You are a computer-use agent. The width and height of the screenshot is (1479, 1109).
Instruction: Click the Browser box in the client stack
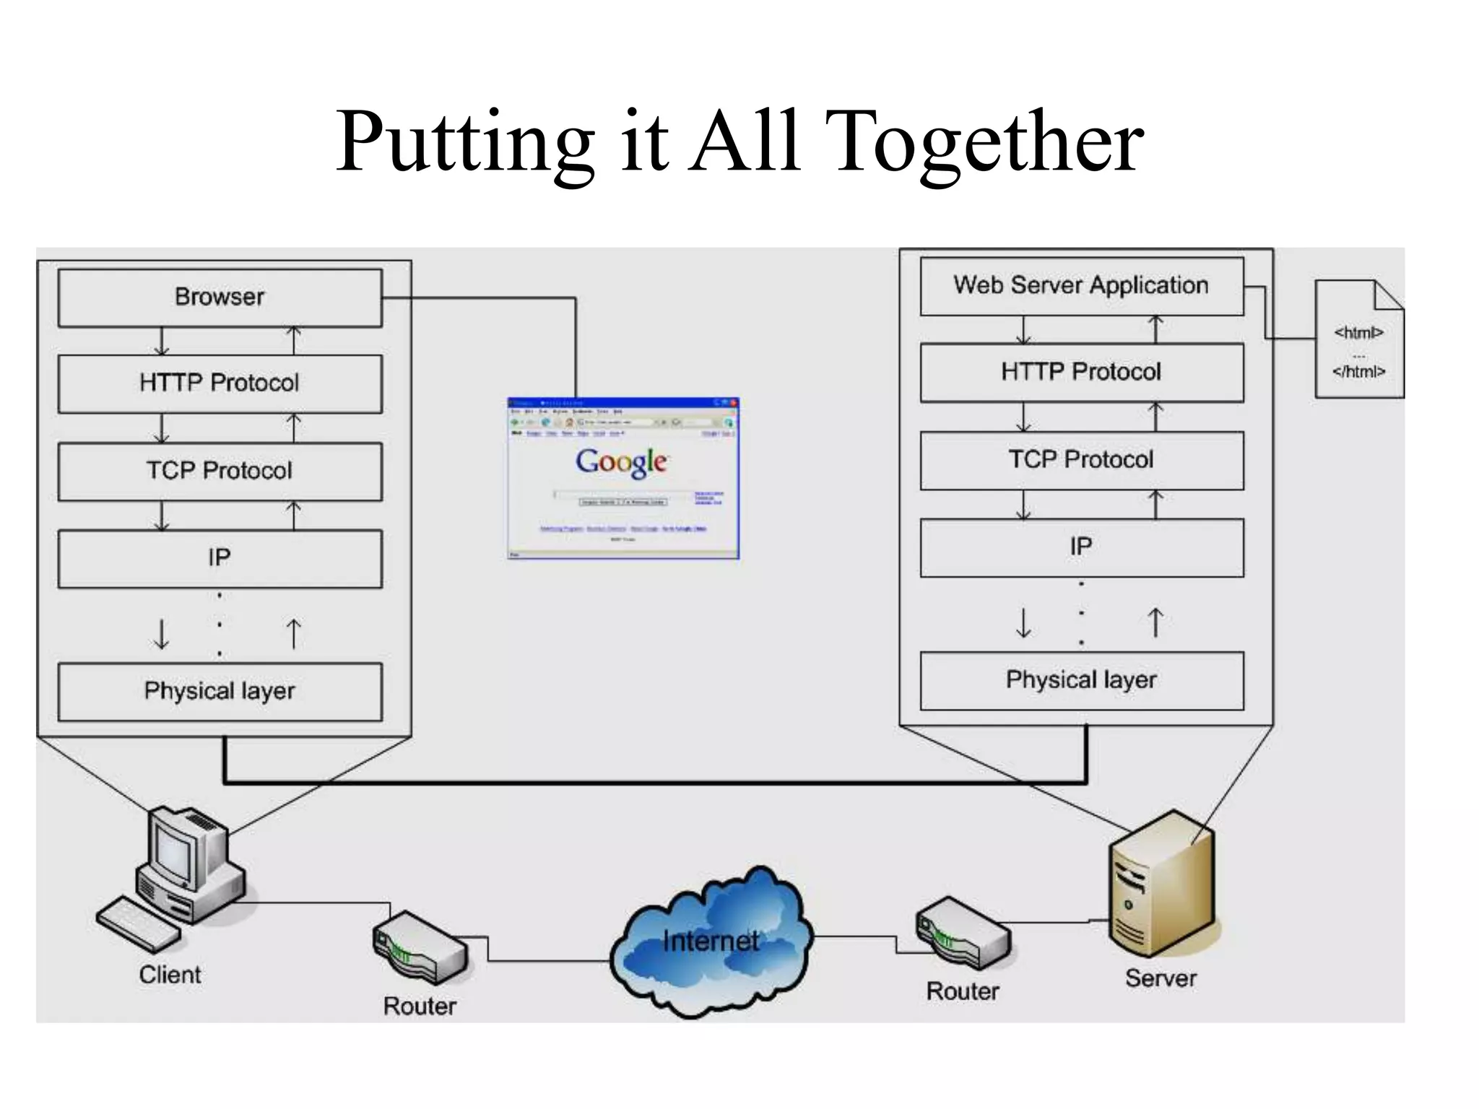tap(220, 297)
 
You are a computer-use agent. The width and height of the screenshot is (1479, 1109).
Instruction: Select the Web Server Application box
tap(1081, 286)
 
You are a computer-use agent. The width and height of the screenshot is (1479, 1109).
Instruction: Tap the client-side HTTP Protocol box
tap(220, 383)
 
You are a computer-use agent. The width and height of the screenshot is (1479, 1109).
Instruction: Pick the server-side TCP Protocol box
tap(1081, 460)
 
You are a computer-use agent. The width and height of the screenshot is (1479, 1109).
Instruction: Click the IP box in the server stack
tap(1081, 547)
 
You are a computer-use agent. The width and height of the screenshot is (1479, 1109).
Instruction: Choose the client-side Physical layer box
tap(220, 691)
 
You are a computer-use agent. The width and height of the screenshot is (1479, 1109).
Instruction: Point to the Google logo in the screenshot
tap(621, 462)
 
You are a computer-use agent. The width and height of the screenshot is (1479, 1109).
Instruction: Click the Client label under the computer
tap(170, 975)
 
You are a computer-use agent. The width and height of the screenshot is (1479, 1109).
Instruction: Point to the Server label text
tap(1161, 978)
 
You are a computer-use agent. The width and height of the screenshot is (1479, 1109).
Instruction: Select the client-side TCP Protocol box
tap(220, 471)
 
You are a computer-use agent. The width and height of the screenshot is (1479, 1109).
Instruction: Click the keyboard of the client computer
tap(138, 924)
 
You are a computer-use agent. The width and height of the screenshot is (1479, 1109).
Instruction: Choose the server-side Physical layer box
tap(1081, 680)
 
